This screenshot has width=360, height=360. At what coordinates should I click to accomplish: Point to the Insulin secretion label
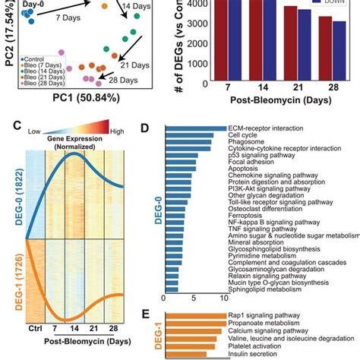pos(251,353)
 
